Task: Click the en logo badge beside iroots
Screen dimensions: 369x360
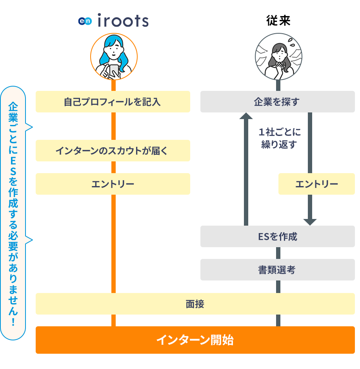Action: click(85, 21)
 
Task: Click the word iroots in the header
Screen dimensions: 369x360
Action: click(122, 21)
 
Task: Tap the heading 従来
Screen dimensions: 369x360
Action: click(278, 21)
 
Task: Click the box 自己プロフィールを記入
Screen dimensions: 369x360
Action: click(113, 102)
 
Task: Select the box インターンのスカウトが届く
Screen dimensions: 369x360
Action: click(113, 151)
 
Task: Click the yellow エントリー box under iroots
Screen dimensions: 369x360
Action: click(113, 184)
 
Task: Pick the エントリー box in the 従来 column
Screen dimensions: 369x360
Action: click(316, 184)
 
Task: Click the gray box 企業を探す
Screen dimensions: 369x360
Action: click(278, 102)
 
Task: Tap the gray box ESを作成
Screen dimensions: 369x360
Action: click(278, 237)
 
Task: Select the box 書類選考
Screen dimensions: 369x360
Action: click(278, 270)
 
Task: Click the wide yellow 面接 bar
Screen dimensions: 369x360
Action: click(195, 304)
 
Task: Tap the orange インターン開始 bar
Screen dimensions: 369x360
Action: click(195, 340)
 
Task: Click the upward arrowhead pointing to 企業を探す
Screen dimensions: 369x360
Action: click(246, 116)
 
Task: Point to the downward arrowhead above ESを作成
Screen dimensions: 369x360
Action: click(310, 221)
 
